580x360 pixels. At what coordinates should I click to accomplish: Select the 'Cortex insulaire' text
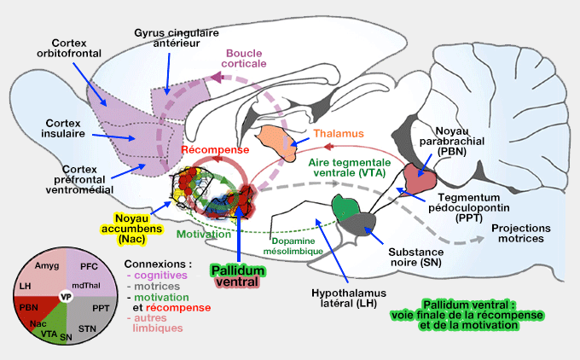coord(65,128)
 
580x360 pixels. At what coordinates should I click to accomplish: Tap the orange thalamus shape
coord(281,136)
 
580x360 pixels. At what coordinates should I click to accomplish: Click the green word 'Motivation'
coord(204,233)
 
